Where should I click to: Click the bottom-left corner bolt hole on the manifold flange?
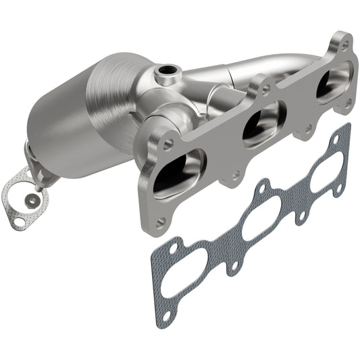[x=159, y=222]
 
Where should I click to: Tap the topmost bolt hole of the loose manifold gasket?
[x=345, y=129]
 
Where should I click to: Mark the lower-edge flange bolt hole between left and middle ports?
[x=235, y=176]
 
